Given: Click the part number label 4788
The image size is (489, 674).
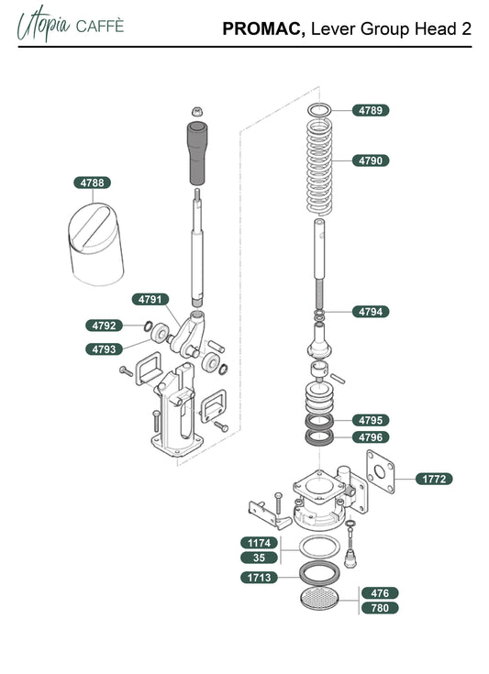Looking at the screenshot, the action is [92, 182].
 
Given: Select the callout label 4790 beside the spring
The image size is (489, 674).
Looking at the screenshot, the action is [371, 160].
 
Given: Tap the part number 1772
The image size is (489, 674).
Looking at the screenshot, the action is [434, 479].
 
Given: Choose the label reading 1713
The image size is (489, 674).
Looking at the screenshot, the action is [259, 578].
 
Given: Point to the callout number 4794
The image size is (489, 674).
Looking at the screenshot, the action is [371, 312].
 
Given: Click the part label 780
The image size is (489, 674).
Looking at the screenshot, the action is [380, 608].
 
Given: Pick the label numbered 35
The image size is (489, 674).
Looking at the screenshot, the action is [259, 558].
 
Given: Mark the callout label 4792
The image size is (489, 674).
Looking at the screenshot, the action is [104, 326].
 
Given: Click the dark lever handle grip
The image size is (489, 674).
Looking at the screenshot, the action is [196, 153].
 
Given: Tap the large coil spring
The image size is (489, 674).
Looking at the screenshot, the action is [319, 167].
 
